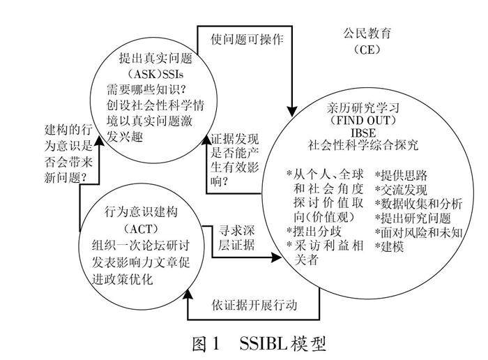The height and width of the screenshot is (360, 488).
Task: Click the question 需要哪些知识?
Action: [x=148, y=91]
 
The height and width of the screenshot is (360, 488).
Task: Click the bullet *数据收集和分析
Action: [x=418, y=204]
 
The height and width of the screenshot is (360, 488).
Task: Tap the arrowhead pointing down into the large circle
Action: [x=293, y=110]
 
